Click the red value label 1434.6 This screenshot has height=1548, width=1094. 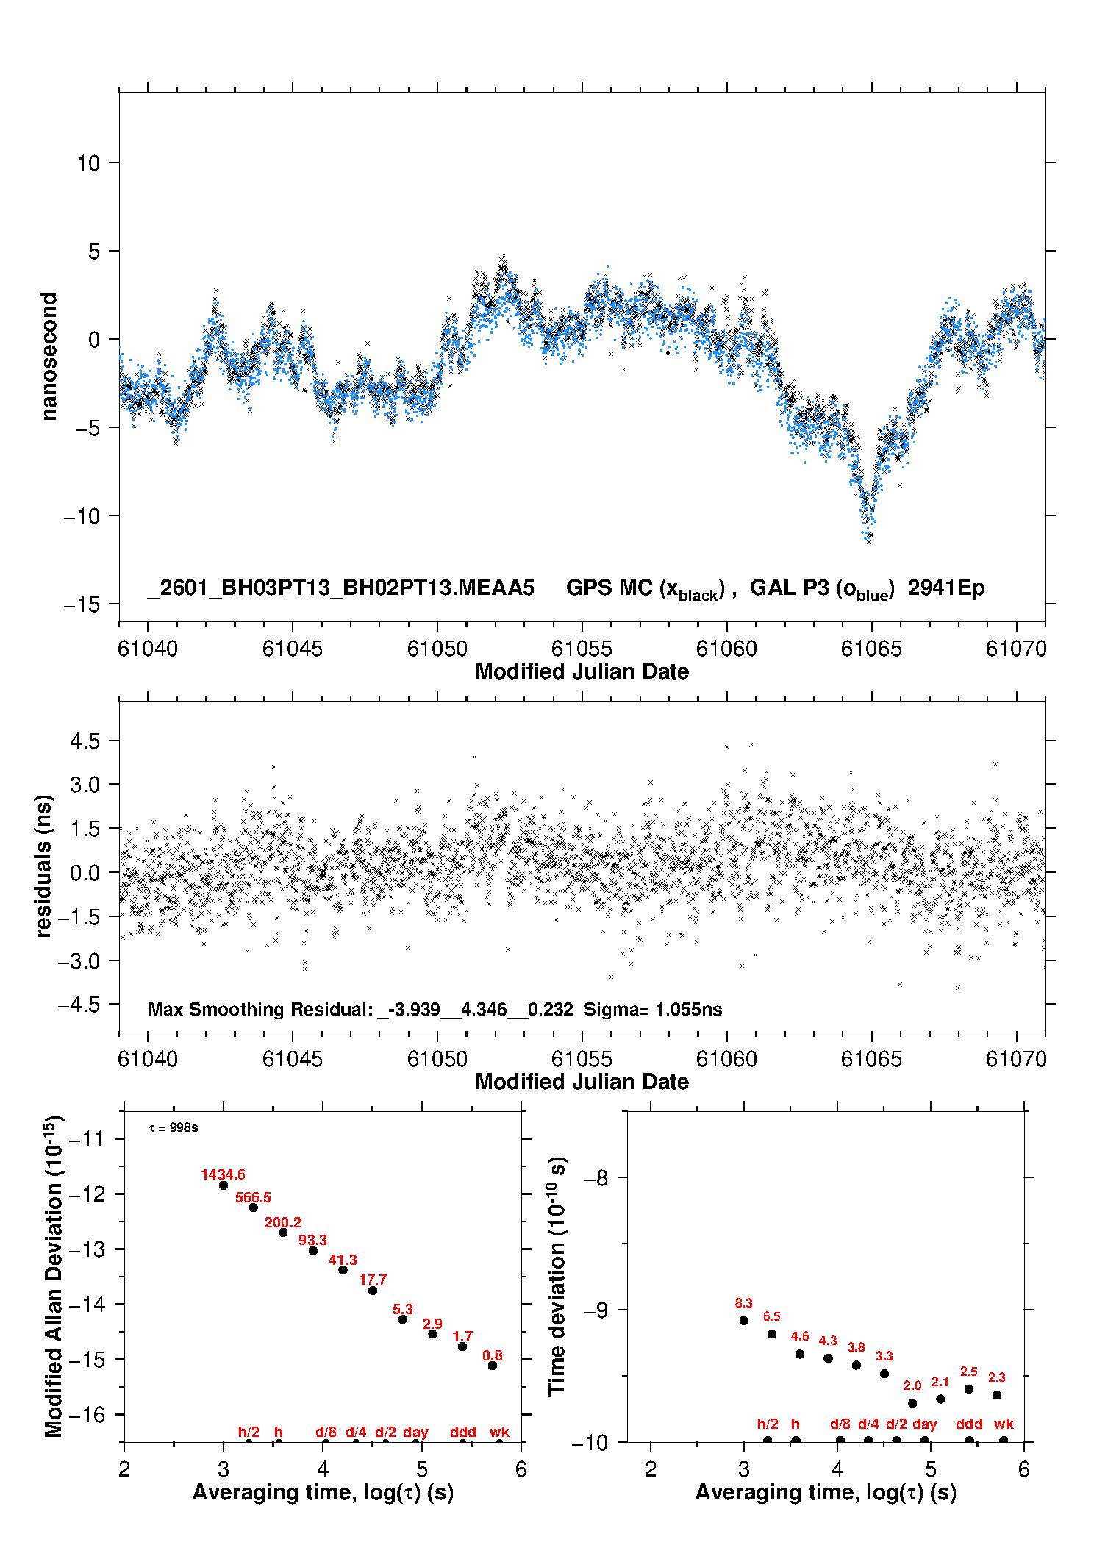point(223,1174)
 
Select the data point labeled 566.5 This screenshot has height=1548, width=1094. point(253,1208)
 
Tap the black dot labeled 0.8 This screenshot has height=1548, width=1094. point(493,1366)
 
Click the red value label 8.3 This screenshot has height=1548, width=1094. point(743,1303)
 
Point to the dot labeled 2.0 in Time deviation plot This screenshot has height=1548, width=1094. point(912,1403)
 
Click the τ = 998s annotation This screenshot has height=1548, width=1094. point(174,1127)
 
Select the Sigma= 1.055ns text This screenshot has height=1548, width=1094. point(653,1009)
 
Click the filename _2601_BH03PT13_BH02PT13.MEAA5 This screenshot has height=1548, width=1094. point(340,588)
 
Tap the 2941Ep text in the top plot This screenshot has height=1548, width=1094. point(946,588)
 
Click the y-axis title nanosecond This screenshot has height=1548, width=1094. point(49,357)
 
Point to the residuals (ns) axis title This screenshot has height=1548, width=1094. point(44,866)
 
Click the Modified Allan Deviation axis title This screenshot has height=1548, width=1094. point(54,1276)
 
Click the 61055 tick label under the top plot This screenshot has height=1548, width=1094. point(582,649)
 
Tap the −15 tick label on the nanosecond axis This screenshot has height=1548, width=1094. point(82,604)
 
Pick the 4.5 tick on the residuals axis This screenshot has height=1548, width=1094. point(85,741)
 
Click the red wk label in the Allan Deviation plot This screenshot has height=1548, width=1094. point(499,1432)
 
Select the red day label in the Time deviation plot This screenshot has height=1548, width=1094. point(924,1424)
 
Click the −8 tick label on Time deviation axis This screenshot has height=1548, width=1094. point(596,1177)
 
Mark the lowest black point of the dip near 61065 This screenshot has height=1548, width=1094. point(869,541)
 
